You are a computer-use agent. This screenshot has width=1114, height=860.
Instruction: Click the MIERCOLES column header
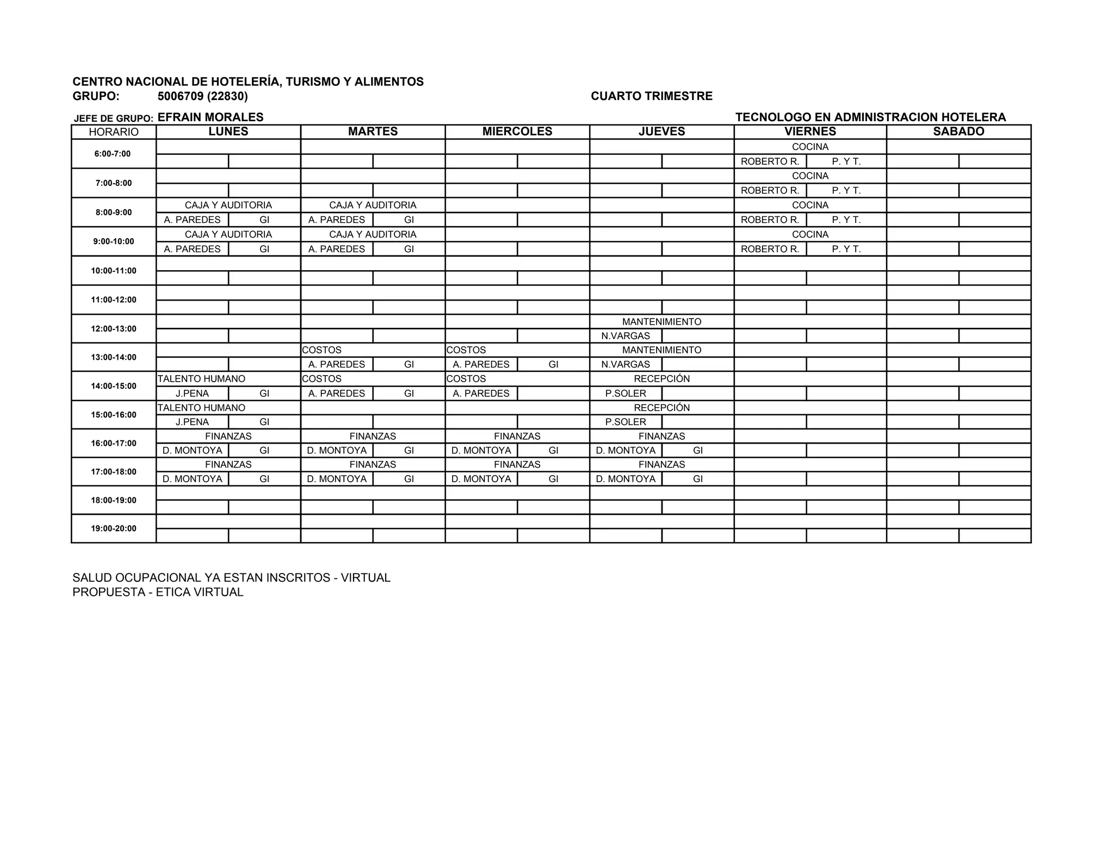(x=517, y=132)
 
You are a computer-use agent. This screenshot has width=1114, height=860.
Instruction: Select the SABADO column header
(x=958, y=132)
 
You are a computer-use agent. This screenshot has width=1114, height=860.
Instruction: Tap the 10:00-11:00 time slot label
(x=114, y=271)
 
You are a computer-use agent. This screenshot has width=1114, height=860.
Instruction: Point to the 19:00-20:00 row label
(x=114, y=528)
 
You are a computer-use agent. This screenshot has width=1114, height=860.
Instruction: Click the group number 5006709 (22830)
(x=202, y=96)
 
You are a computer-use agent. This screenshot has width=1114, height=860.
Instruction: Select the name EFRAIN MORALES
(x=211, y=117)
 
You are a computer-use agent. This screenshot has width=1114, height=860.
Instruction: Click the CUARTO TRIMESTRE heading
(x=652, y=96)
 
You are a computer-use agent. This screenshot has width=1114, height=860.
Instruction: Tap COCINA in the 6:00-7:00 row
(x=810, y=147)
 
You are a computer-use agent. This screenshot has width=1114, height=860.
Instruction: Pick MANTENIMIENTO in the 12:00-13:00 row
(x=661, y=322)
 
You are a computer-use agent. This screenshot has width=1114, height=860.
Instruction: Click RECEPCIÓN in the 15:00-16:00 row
(x=661, y=408)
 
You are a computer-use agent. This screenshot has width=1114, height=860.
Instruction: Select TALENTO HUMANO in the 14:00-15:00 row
(x=201, y=379)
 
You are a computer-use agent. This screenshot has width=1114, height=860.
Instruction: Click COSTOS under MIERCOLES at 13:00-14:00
(x=466, y=350)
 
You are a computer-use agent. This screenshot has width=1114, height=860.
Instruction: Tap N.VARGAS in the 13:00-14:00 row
(x=626, y=364)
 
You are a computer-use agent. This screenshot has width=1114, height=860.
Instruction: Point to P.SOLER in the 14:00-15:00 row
(x=626, y=394)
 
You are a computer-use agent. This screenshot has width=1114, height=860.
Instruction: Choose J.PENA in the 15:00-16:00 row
(x=192, y=422)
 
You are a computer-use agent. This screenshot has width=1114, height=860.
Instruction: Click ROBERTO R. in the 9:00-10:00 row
(x=770, y=249)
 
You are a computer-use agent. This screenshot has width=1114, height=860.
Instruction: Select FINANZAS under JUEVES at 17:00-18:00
(x=661, y=465)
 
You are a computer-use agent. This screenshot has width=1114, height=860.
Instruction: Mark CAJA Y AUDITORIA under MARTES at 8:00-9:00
(x=373, y=205)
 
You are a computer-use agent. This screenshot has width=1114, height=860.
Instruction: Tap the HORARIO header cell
(x=114, y=132)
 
